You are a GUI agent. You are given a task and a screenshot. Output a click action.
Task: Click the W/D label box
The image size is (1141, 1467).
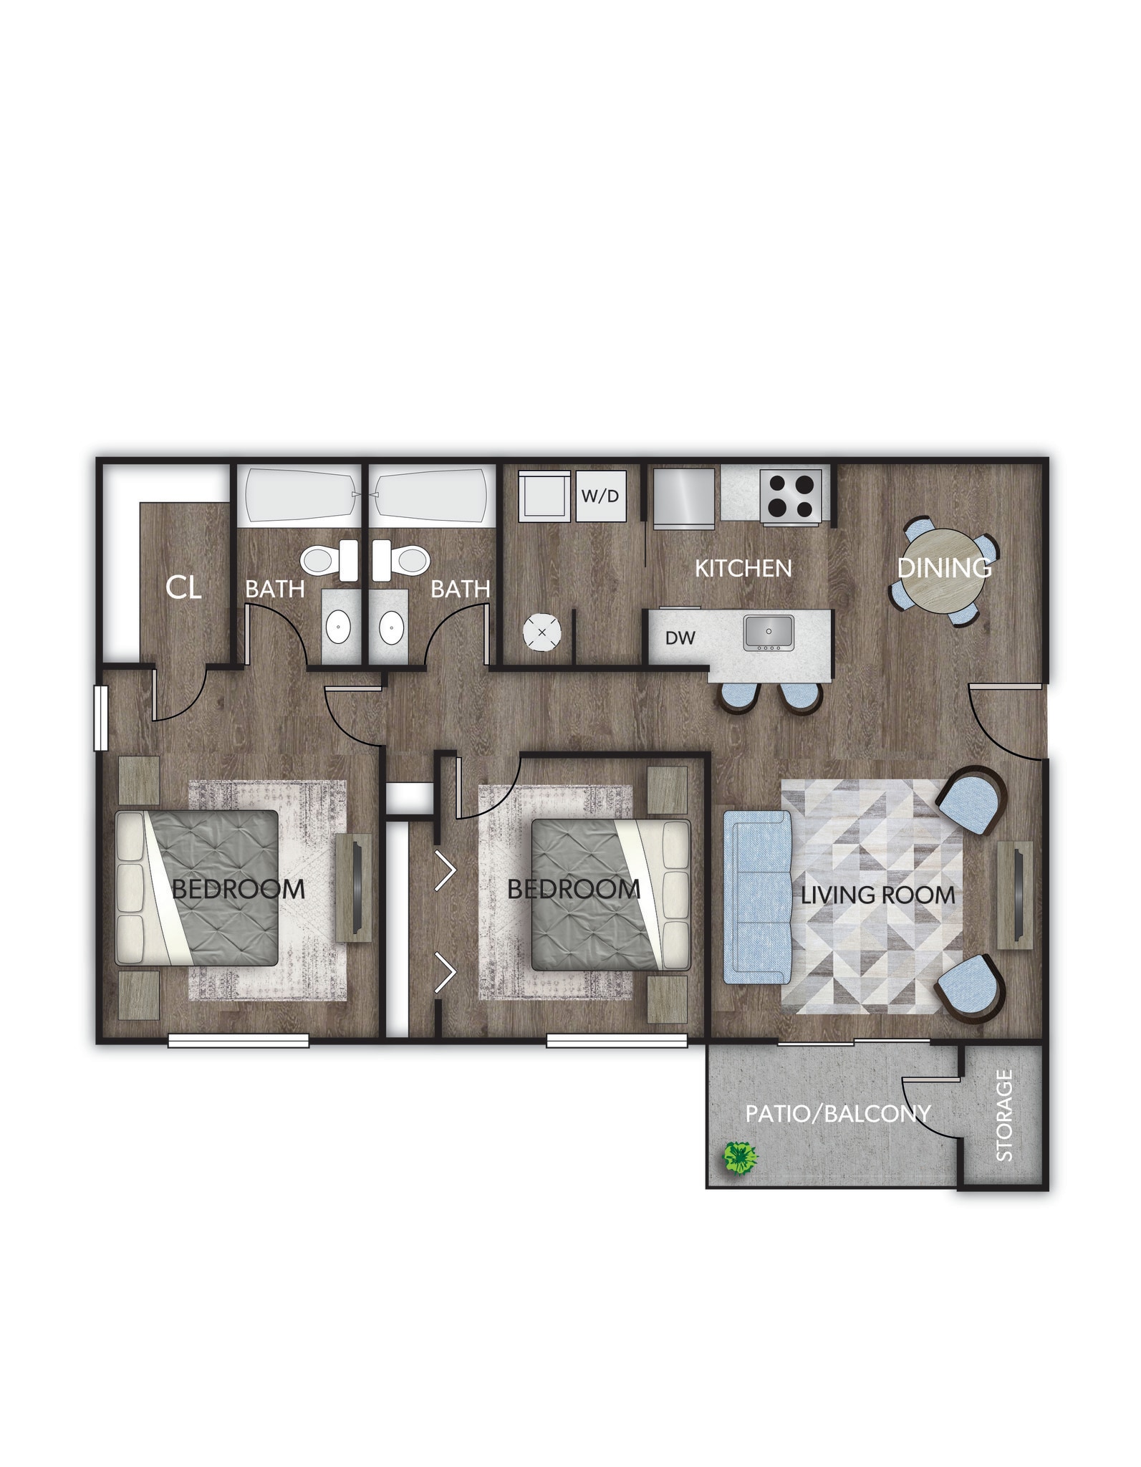point(601,496)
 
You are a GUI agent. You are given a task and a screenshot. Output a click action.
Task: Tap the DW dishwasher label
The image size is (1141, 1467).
point(680,638)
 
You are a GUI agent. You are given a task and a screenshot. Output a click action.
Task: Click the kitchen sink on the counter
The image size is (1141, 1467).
point(768,633)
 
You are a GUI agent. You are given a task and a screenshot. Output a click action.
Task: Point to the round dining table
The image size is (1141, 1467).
point(944,571)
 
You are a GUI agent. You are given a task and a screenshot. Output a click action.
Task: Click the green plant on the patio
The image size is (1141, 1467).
point(740,1157)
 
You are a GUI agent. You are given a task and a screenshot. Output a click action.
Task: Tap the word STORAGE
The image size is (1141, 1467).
point(1004,1115)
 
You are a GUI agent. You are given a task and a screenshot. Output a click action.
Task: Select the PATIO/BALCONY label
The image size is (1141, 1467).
point(837,1114)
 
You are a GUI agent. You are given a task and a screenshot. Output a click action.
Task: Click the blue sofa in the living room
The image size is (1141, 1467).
point(757,897)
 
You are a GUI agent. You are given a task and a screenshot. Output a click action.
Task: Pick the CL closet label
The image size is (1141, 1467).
point(183,587)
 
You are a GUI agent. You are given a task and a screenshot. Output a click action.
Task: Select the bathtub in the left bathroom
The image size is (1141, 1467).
point(301,496)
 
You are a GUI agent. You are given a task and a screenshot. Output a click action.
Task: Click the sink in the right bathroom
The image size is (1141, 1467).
point(391,628)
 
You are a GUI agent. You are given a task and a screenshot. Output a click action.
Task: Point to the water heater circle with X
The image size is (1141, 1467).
point(542,633)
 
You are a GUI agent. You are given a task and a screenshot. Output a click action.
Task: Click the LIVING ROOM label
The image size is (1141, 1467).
point(877,895)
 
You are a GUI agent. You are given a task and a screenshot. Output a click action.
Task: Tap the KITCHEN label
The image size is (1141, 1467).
point(743,569)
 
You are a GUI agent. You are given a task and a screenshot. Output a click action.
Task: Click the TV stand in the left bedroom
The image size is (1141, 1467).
point(354,888)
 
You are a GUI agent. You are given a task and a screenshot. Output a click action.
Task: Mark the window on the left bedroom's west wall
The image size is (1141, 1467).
point(101,718)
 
